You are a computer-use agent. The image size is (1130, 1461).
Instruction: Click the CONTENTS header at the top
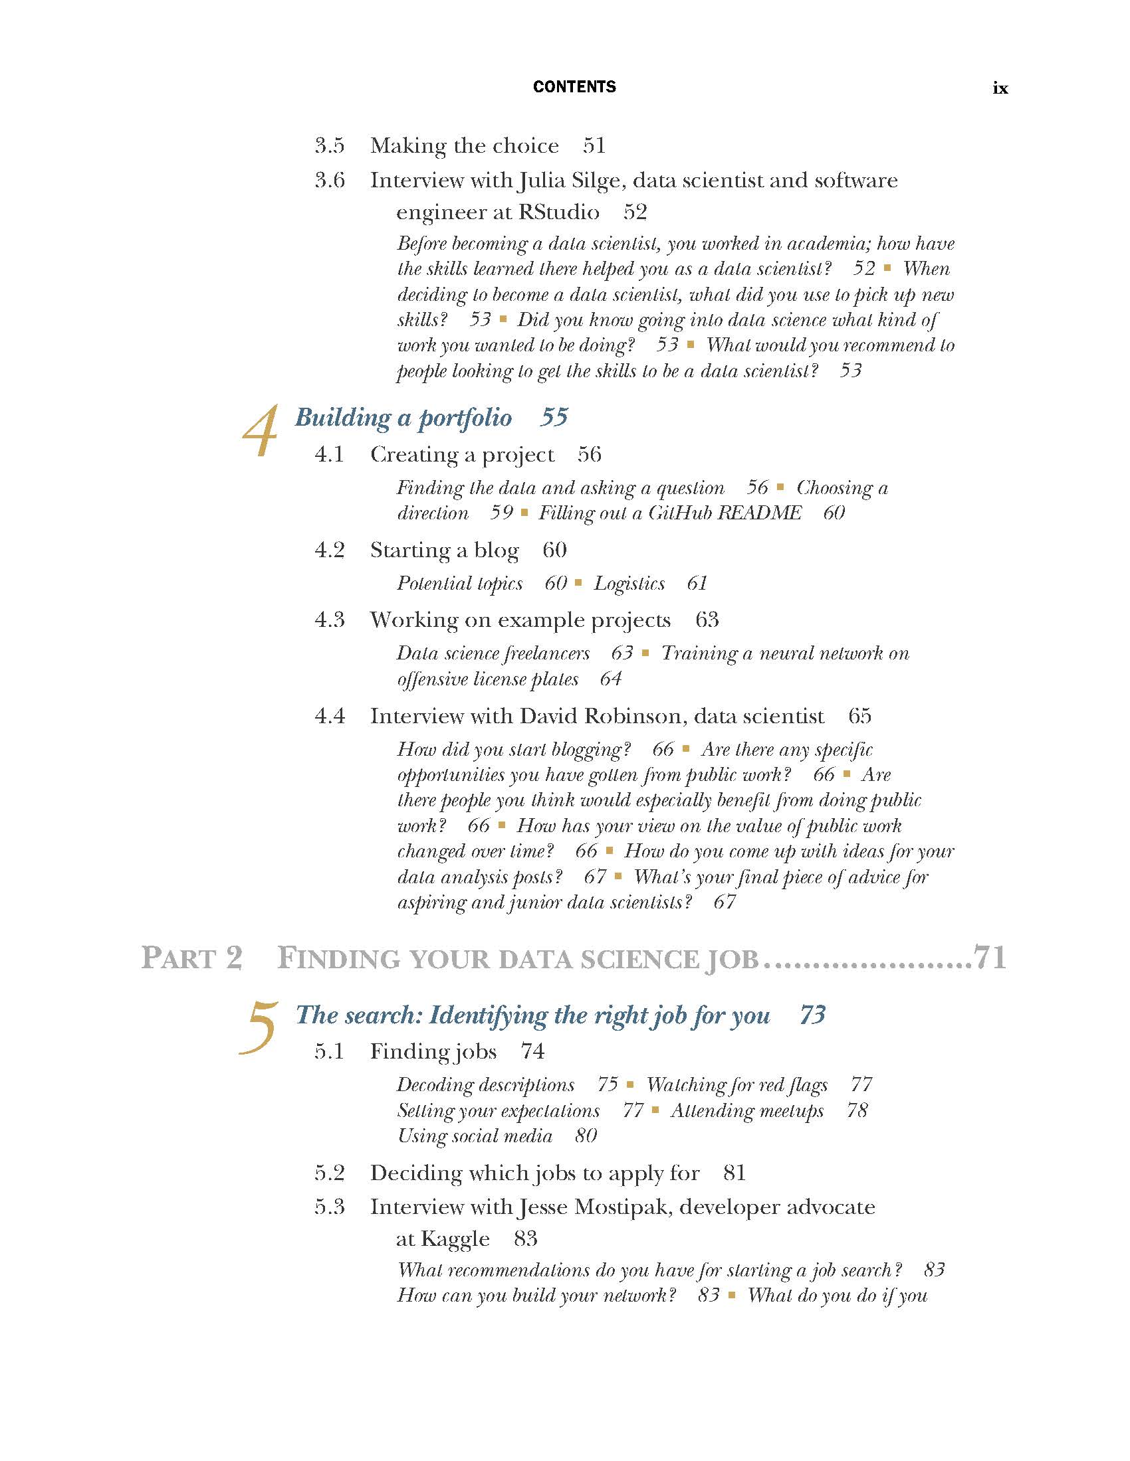pos(574,87)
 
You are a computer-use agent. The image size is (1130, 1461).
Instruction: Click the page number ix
pos(1000,88)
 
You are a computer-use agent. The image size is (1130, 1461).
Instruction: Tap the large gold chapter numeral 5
pos(259,1028)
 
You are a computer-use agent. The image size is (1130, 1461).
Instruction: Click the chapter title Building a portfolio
pos(403,418)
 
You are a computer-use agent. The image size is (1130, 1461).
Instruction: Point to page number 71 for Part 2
pos(990,958)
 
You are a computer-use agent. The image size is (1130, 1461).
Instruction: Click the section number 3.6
pos(329,180)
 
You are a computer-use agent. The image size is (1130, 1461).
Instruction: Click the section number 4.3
pos(329,620)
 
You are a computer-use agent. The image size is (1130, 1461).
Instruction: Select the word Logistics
pos(629,583)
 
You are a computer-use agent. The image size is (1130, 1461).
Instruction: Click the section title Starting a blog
pos(445,550)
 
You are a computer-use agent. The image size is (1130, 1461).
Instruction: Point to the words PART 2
pos(191,958)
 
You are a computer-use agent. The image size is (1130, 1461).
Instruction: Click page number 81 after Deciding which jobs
pos(734,1173)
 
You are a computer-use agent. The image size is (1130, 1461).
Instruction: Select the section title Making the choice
pos(465,146)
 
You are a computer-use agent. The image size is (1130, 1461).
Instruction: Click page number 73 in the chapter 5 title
pos(813,1015)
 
